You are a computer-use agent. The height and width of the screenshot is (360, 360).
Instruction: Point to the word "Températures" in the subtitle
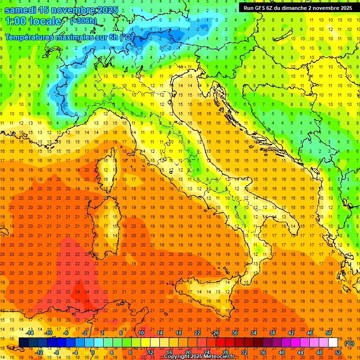coord(29,37)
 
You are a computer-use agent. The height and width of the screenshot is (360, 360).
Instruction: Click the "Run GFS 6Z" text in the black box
coord(258,8)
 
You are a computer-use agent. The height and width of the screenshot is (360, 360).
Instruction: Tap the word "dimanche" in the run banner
coord(293,8)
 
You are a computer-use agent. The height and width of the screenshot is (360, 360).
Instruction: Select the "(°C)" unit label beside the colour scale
coord(349,343)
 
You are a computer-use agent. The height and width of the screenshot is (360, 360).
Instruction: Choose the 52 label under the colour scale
coord(338,352)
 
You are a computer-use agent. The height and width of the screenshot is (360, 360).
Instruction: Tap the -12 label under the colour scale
coord(39,352)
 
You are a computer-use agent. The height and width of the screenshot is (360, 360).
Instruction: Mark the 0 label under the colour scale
coord(92,352)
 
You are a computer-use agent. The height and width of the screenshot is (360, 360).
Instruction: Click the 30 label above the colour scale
coord(235,333)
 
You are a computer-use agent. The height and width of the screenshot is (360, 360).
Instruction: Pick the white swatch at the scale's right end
coord(333,343)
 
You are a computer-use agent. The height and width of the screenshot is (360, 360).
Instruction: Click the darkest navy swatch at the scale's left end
coord(23,343)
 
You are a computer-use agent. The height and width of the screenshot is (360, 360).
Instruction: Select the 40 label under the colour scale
coord(282,352)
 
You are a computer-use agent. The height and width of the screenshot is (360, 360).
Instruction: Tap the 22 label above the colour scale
coord(197,333)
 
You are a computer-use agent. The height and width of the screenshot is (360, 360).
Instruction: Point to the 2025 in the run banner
coord(345,8)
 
